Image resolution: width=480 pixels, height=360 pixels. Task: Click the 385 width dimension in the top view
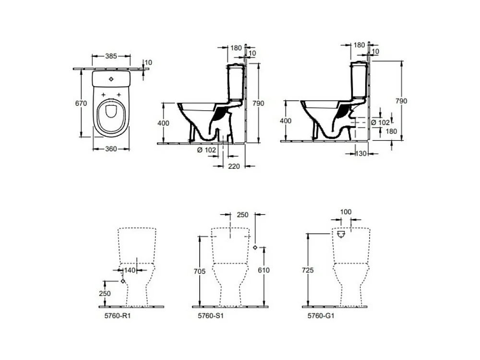click(x=111, y=56)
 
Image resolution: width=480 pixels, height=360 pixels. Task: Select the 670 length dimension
click(x=81, y=103)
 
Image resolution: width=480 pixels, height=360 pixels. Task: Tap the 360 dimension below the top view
click(x=111, y=149)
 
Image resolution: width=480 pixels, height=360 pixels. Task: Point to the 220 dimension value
click(x=234, y=166)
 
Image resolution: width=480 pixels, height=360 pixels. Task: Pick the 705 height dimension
click(x=200, y=272)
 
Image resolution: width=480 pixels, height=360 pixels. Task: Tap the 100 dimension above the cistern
click(x=346, y=212)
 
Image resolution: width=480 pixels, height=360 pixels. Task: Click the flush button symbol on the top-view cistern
click(x=111, y=79)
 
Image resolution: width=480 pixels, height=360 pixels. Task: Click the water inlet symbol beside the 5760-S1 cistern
click(x=255, y=248)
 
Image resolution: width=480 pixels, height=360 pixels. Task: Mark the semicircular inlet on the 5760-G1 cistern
click(x=341, y=235)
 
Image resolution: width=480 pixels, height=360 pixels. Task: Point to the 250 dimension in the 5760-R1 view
click(x=105, y=293)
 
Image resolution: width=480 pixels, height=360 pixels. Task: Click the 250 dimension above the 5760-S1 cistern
click(x=243, y=215)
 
